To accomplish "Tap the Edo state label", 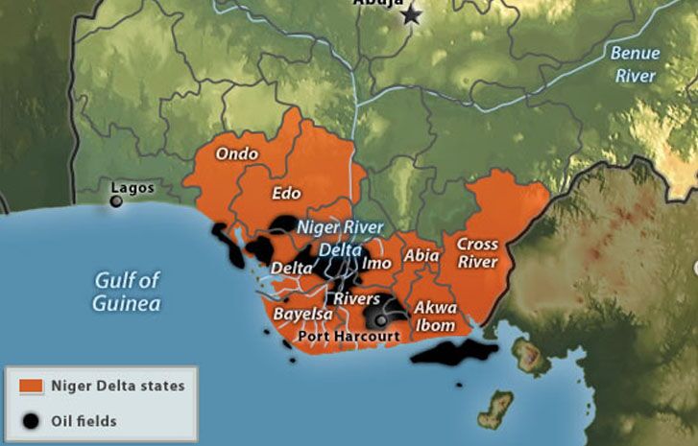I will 286,194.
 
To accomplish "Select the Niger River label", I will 333,228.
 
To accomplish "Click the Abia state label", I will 421,256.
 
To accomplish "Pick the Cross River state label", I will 477,253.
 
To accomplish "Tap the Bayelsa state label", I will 302,314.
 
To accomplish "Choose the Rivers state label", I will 357,299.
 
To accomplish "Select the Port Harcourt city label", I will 349,337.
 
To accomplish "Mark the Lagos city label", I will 132,188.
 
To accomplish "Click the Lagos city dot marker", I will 116,201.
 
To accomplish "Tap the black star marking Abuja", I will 412,15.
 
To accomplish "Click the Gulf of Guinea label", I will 127,292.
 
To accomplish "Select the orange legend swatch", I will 32,387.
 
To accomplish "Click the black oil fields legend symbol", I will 32,420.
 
